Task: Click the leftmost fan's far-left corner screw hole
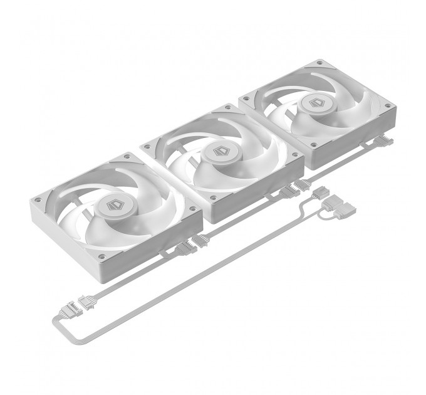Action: [x=37, y=200]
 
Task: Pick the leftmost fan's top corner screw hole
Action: [x=128, y=156]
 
